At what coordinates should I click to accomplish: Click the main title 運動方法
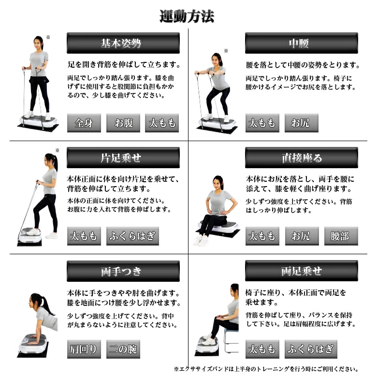point(187,16)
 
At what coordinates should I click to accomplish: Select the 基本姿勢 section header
point(123,43)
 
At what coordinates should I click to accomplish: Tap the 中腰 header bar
point(302,43)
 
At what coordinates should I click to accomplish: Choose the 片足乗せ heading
point(123,158)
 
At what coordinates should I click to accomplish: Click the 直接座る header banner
point(302,158)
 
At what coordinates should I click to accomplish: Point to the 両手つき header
point(123,271)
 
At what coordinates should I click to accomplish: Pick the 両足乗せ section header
point(302,271)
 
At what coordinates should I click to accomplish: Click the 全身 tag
point(84,123)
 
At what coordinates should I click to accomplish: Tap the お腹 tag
point(123,123)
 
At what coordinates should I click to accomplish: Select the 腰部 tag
point(341,236)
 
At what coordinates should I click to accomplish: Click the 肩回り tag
point(84,349)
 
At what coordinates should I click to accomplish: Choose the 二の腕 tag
point(123,349)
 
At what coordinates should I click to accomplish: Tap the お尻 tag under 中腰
point(302,123)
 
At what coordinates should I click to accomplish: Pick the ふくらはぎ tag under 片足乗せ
point(132,236)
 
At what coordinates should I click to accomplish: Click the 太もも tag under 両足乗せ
point(262,349)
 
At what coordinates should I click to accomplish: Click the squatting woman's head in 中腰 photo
point(217,59)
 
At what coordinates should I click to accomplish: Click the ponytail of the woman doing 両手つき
point(46,304)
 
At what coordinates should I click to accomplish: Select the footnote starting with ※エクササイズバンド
point(266,369)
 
